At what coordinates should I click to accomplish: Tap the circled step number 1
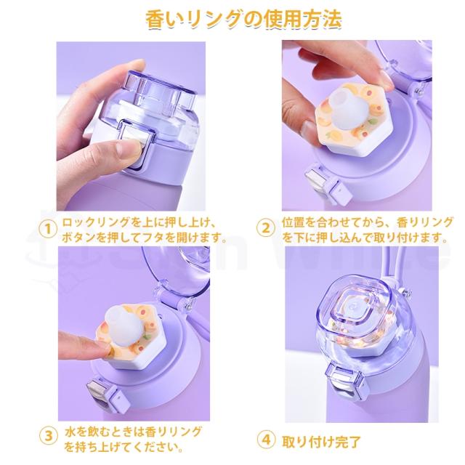point(47,230)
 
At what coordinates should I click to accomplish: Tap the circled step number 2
point(265,230)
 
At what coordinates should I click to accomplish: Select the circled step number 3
point(47,436)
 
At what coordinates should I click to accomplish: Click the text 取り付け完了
point(319,440)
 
